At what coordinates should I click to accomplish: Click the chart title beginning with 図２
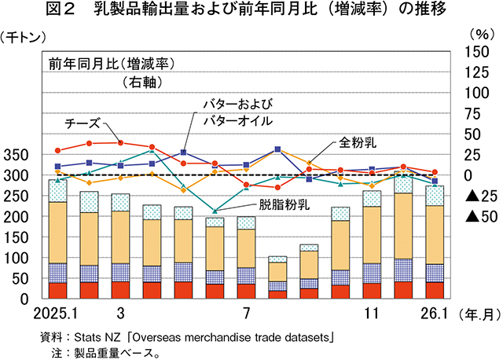[251, 10]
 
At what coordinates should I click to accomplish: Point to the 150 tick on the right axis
[478, 51]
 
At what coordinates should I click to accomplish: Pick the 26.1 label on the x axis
[433, 313]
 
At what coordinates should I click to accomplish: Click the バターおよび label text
[238, 104]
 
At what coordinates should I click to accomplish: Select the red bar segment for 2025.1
[57, 291]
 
